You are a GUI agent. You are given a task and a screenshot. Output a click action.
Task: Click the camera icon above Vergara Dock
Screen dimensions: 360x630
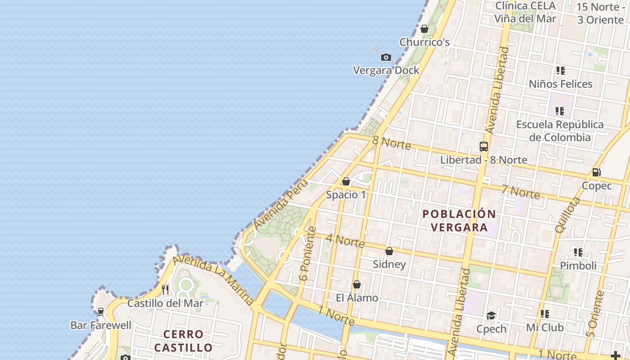click(x=386, y=58)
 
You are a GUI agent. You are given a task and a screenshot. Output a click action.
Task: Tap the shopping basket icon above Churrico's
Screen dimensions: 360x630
click(x=424, y=29)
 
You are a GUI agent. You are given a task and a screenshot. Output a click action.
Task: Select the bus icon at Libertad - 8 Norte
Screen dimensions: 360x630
click(x=484, y=147)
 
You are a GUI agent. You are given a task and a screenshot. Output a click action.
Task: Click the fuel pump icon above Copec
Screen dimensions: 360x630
click(x=596, y=172)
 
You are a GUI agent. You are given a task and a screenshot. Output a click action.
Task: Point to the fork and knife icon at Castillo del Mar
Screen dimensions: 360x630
click(x=165, y=290)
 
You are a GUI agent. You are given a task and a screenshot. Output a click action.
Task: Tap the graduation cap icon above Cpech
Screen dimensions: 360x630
click(x=491, y=315)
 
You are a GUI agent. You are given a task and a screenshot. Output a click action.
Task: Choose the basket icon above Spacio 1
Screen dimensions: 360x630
click(x=346, y=181)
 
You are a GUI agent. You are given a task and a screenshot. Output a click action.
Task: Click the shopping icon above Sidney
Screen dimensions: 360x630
click(x=389, y=251)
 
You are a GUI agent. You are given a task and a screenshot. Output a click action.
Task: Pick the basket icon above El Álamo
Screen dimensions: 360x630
click(x=356, y=284)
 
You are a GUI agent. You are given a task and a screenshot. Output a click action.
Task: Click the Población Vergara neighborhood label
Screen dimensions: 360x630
click(x=459, y=220)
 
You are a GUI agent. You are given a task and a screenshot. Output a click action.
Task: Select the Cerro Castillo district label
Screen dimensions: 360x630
click(x=182, y=341)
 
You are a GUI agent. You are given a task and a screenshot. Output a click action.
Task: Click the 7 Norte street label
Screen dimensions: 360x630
click(x=521, y=192)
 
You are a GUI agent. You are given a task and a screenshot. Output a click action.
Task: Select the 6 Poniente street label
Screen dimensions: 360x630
click(x=308, y=254)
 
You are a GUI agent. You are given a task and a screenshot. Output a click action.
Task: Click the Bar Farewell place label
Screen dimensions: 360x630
click(x=101, y=325)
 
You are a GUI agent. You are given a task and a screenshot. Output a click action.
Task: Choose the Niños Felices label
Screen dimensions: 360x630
click(x=560, y=84)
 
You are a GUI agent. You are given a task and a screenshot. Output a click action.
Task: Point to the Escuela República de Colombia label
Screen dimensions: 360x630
click(x=560, y=130)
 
